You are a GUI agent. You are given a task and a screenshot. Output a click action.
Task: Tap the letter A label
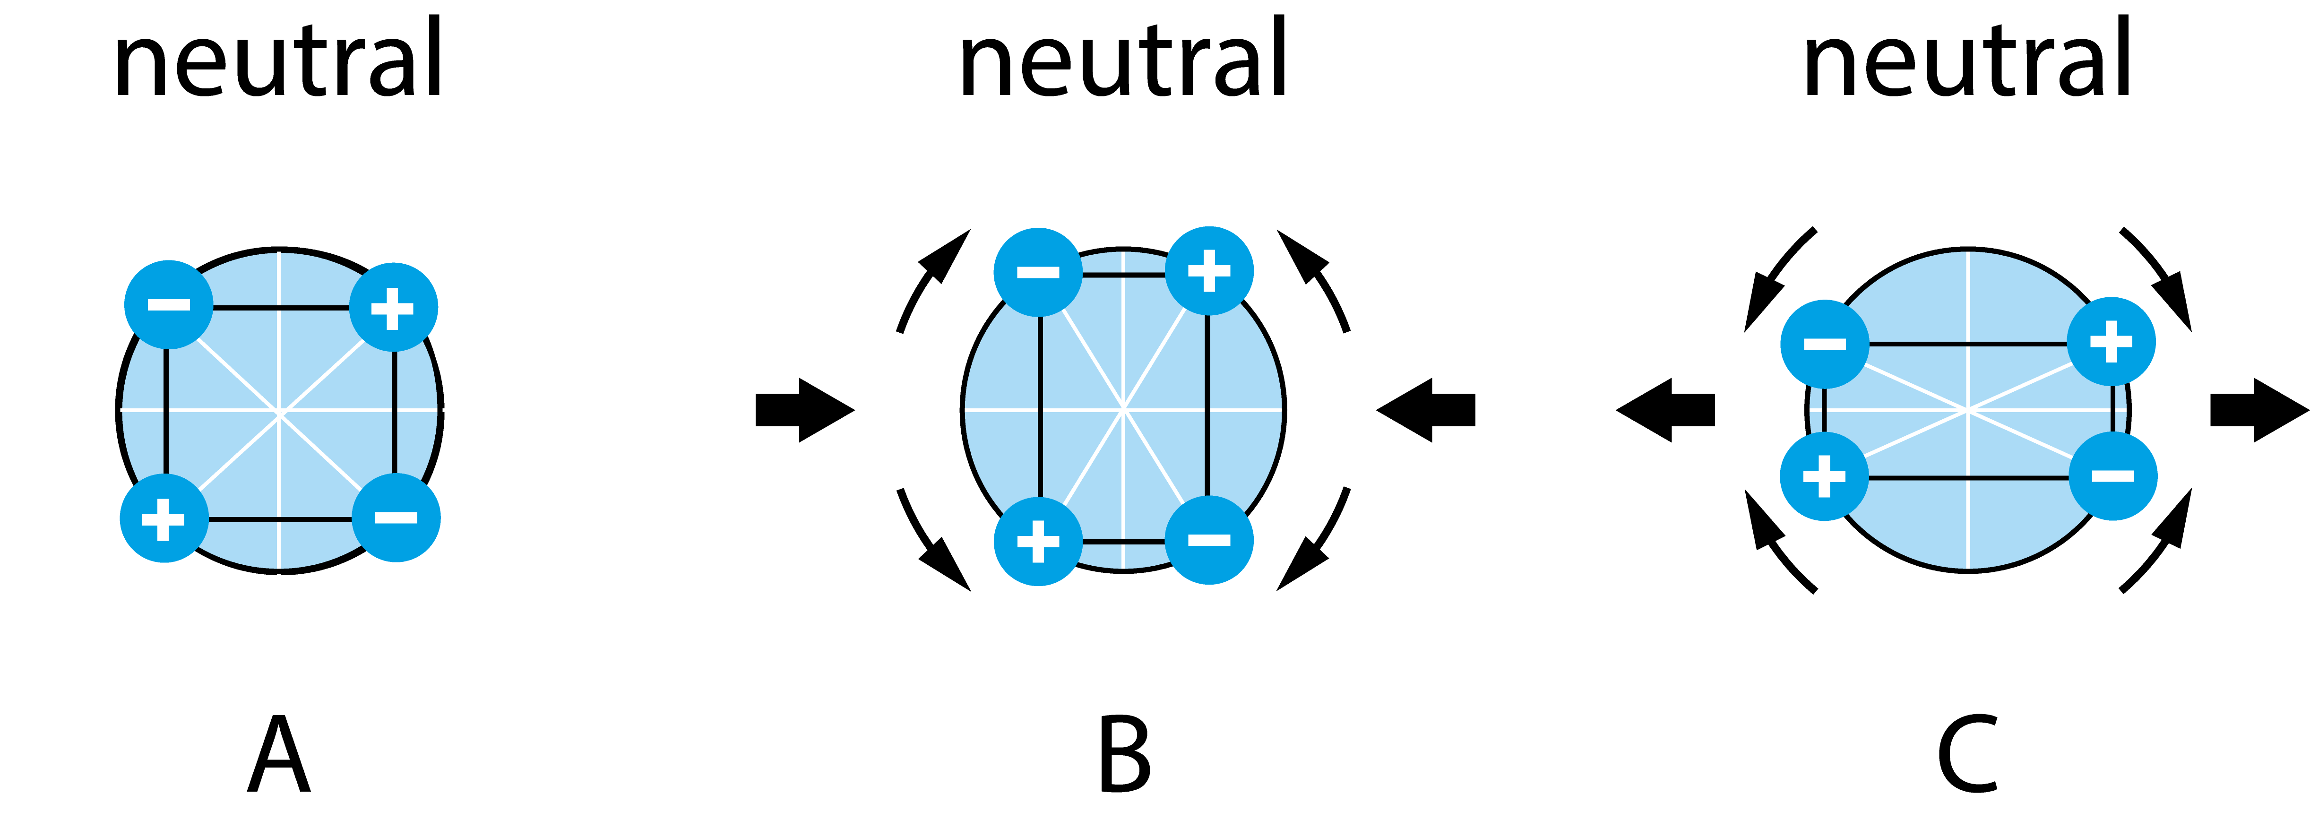(x=279, y=754)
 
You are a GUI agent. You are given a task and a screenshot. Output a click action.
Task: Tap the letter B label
(x=1124, y=754)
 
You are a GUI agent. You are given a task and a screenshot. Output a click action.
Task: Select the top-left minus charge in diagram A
(x=169, y=305)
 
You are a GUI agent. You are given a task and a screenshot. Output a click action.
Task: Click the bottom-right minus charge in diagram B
(x=1209, y=540)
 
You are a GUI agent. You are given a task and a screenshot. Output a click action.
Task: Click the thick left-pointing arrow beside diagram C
(x=1665, y=410)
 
